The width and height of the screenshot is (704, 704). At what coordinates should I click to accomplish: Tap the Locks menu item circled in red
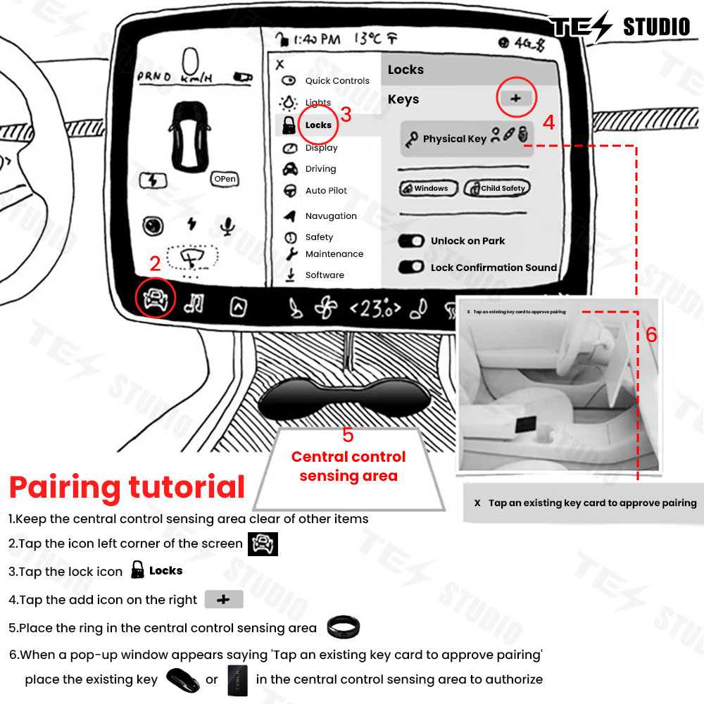(x=318, y=125)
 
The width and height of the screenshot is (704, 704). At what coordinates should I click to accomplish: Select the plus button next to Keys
(x=516, y=99)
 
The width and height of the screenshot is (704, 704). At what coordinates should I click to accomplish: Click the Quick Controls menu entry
(x=337, y=81)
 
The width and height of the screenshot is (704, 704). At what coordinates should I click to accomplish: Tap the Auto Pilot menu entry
(x=325, y=191)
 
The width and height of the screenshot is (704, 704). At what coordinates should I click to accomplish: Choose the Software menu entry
(x=324, y=275)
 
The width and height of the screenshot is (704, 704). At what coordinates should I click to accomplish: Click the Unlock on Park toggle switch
(x=411, y=241)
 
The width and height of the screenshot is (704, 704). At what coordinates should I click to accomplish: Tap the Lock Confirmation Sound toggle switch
(x=411, y=268)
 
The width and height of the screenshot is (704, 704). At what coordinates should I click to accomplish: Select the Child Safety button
(x=496, y=188)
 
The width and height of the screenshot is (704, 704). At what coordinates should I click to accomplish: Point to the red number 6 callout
(x=651, y=335)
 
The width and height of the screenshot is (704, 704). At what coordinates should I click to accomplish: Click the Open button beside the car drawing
(x=225, y=180)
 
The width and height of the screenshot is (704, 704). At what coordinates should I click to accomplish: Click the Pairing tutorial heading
(x=127, y=487)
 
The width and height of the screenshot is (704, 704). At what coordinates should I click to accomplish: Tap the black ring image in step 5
(x=344, y=627)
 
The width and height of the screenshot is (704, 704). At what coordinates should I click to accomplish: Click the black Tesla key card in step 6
(x=238, y=680)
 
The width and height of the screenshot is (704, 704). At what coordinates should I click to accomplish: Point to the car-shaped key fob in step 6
(x=182, y=680)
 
